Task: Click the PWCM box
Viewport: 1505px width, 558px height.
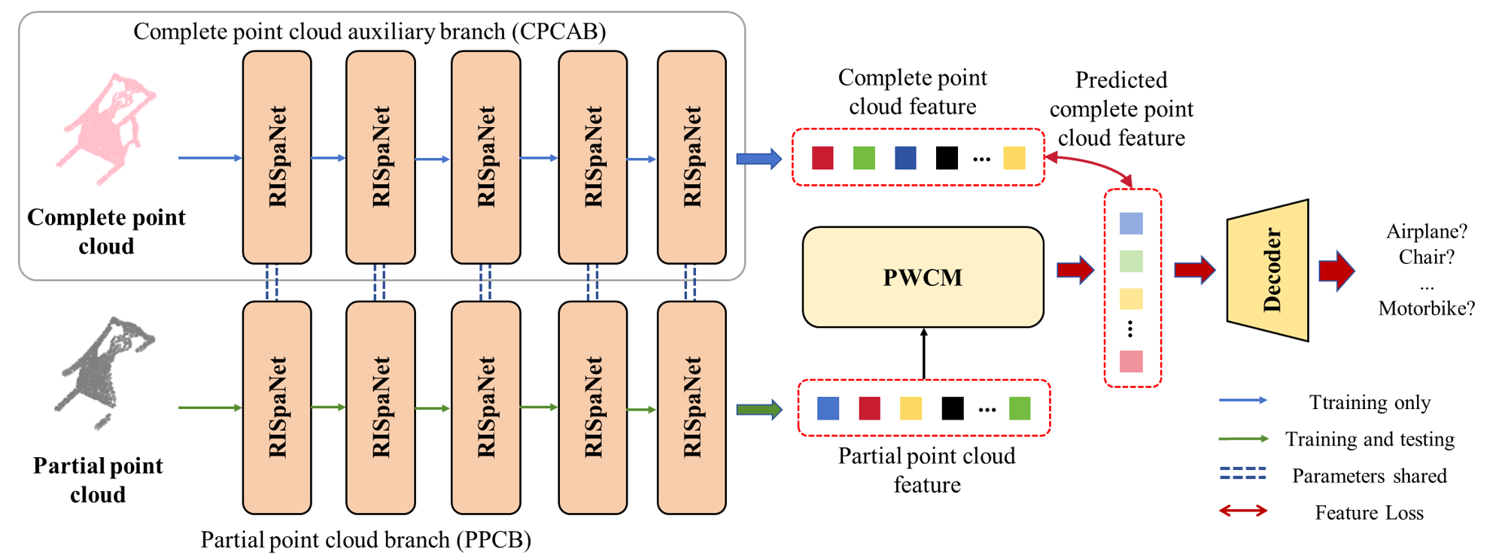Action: click(923, 277)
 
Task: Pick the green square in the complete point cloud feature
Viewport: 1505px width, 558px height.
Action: click(864, 158)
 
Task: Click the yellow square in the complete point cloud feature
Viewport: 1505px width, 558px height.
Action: click(1014, 158)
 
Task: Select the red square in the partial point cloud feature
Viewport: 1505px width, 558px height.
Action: click(869, 408)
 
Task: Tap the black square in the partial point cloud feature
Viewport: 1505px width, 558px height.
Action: click(952, 408)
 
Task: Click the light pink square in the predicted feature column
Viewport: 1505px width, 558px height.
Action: click(1131, 362)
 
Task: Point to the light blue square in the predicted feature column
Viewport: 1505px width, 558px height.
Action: click(1131, 223)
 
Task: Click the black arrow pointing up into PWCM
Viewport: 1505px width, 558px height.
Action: click(923, 353)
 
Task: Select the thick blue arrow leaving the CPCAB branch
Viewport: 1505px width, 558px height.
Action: click(759, 159)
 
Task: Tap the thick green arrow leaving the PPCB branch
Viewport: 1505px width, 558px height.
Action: click(759, 409)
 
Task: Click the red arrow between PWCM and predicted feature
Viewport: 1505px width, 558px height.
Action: click(1075, 270)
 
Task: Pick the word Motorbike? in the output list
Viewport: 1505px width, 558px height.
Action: click(1426, 308)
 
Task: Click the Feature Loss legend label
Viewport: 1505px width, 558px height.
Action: click(1369, 513)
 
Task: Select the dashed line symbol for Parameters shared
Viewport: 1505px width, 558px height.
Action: click(1242, 474)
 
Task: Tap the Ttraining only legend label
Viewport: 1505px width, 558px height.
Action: click(1370, 402)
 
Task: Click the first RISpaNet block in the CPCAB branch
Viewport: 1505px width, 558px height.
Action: click(277, 157)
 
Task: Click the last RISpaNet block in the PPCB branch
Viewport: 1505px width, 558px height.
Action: click(692, 408)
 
